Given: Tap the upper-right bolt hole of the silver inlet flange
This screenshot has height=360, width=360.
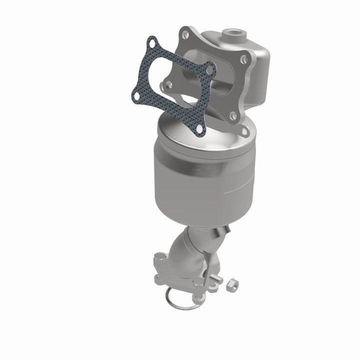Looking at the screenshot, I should (243, 59).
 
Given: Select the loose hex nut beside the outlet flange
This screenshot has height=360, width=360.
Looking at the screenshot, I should (232, 285).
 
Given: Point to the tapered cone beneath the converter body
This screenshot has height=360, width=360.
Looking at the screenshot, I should (200, 210).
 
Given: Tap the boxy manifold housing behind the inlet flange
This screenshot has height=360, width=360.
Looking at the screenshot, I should (255, 70).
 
